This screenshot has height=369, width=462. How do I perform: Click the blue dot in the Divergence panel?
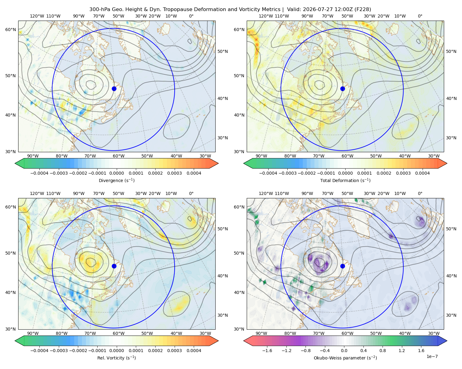click(x=114, y=89)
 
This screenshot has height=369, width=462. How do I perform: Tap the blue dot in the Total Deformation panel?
click(x=342, y=89)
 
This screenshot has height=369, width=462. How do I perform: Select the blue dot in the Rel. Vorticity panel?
click(x=114, y=266)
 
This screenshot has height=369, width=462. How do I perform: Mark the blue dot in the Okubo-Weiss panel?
click(x=342, y=266)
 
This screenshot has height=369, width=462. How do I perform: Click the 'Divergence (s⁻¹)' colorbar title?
click(x=116, y=180)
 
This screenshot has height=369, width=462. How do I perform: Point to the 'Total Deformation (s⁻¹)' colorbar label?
click(x=345, y=180)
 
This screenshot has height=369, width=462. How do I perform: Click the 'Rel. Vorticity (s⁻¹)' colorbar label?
click(x=116, y=358)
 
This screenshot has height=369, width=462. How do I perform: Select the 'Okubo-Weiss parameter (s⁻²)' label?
click(x=345, y=358)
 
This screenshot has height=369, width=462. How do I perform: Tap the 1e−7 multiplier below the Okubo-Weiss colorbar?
click(x=432, y=357)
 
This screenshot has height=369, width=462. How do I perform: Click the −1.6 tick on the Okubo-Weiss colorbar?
click(x=267, y=351)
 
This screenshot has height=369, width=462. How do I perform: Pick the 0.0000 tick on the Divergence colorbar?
click(x=116, y=173)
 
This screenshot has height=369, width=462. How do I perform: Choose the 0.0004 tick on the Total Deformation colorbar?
click(x=422, y=173)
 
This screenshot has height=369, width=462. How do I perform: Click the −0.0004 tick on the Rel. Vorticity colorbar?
click(x=39, y=351)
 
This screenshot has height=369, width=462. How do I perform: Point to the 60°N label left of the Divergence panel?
click(x=10, y=30)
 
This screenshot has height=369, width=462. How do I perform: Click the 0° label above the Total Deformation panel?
click(x=420, y=16)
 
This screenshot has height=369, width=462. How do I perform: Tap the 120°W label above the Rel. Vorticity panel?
click(x=37, y=194)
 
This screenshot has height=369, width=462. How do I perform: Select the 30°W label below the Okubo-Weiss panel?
click(x=434, y=333)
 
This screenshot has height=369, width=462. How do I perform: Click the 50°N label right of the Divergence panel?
click(x=223, y=51)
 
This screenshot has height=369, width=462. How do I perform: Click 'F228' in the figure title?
click(x=363, y=10)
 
